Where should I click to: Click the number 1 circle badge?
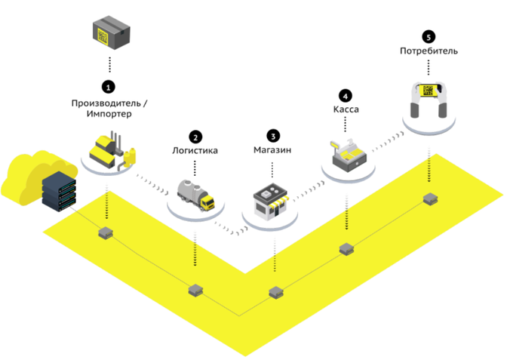(109, 87)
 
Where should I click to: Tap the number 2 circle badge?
(195, 137)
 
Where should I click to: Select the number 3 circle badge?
(273, 136)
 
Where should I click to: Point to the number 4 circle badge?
(346, 96)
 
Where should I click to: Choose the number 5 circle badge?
(429, 37)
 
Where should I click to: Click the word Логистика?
(195, 150)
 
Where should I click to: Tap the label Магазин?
(272, 149)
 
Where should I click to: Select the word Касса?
(346, 109)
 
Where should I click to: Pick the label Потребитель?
(429, 51)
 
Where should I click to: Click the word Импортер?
(109, 114)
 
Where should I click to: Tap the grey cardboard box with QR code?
(111, 32)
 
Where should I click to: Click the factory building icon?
(112, 150)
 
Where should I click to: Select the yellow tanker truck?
(196, 195)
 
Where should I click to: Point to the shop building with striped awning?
(271, 202)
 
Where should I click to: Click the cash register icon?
(349, 155)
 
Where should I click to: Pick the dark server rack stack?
(59, 192)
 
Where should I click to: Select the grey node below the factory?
(106, 232)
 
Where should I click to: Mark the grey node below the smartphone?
(430, 198)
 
